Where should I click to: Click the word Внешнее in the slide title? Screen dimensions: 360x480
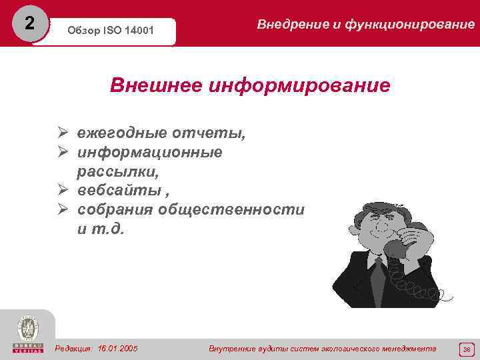tap(155, 86)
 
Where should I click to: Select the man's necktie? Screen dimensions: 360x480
tap(379, 273)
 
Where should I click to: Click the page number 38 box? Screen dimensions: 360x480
tap(466, 349)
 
